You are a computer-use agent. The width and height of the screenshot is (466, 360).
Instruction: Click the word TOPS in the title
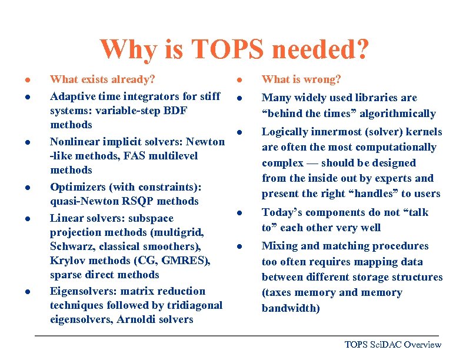pyautogui.click(x=194, y=49)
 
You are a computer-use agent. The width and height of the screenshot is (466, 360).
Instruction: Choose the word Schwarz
pyautogui.click(x=69, y=246)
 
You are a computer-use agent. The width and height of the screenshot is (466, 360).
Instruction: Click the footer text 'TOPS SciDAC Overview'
pyautogui.click(x=392, y=345)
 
